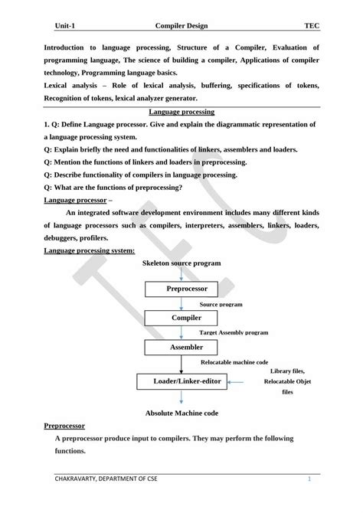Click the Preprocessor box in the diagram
point(181,289)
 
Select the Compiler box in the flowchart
point(181,318)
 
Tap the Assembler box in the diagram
point(181,348)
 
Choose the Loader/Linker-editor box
point(181,380)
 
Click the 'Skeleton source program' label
point(181,263)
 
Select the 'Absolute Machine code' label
point(181,413)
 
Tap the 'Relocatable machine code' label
point(234,361)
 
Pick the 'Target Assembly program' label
point(234,333)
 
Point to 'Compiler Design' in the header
point(181,25)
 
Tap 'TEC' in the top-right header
point(311,25)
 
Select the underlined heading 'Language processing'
point(181,112)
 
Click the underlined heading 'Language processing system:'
point(90,250)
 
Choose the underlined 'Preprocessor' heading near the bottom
point(64,425)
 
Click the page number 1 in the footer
point(309,480)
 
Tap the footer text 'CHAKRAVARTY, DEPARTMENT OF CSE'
point(105,480)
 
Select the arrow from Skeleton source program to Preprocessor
point(181,273)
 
